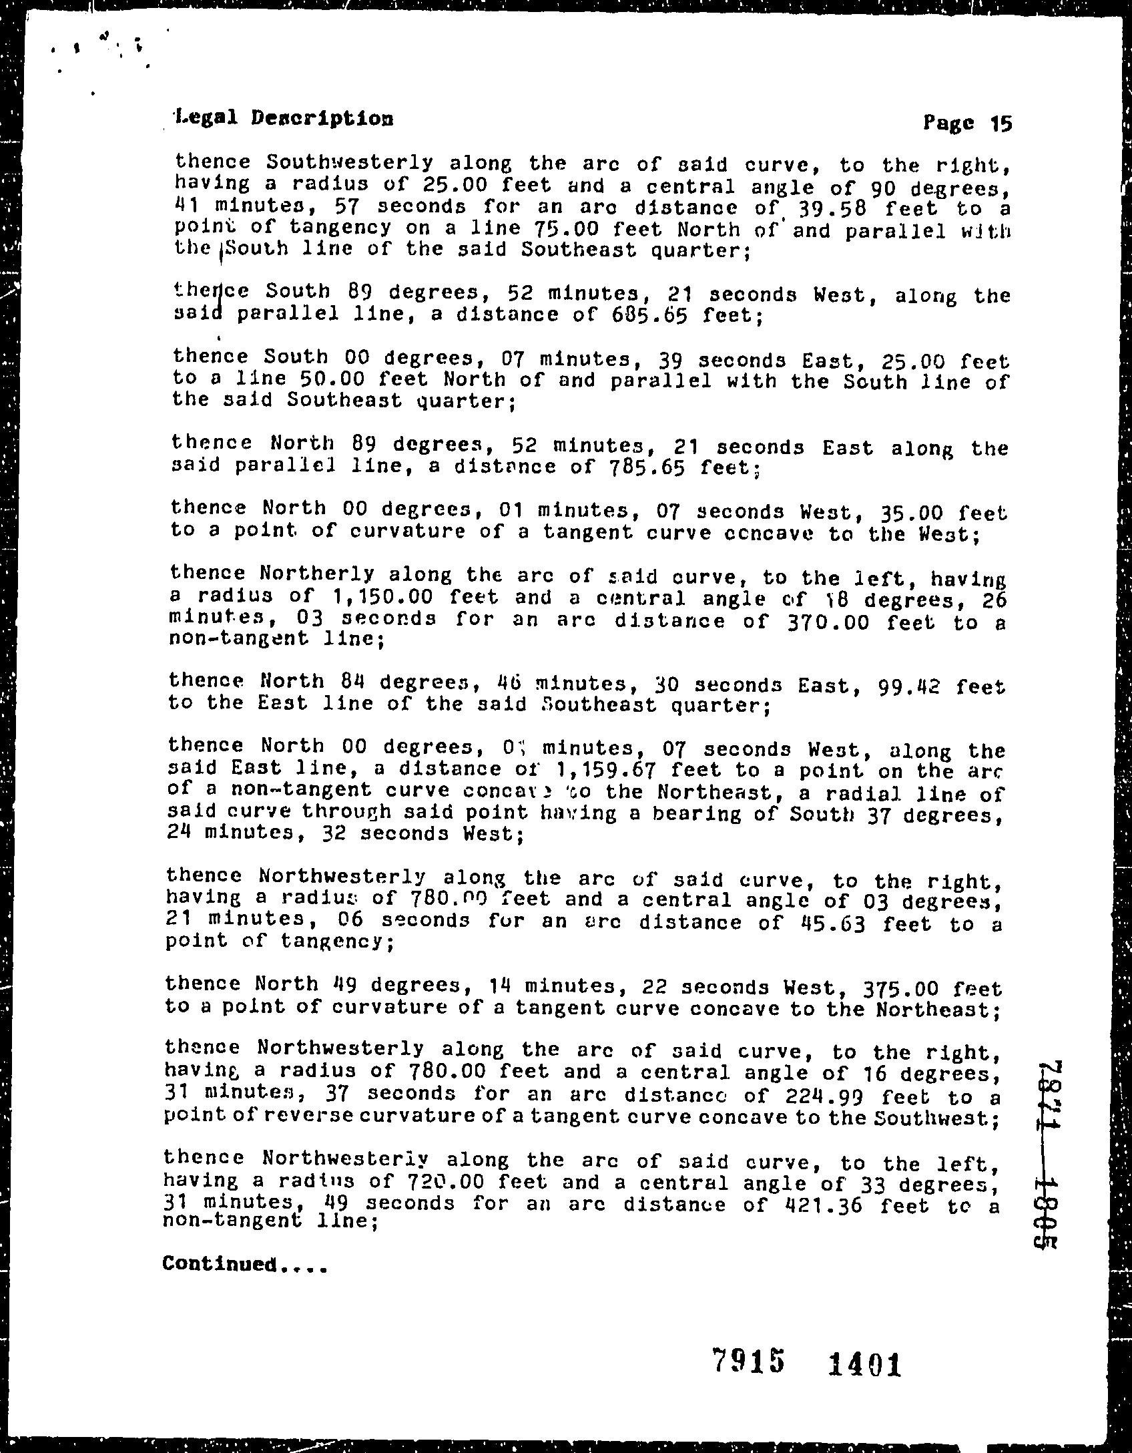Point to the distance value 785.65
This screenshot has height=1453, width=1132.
(647, 467)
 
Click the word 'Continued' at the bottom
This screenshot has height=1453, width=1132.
(220, 1264)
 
